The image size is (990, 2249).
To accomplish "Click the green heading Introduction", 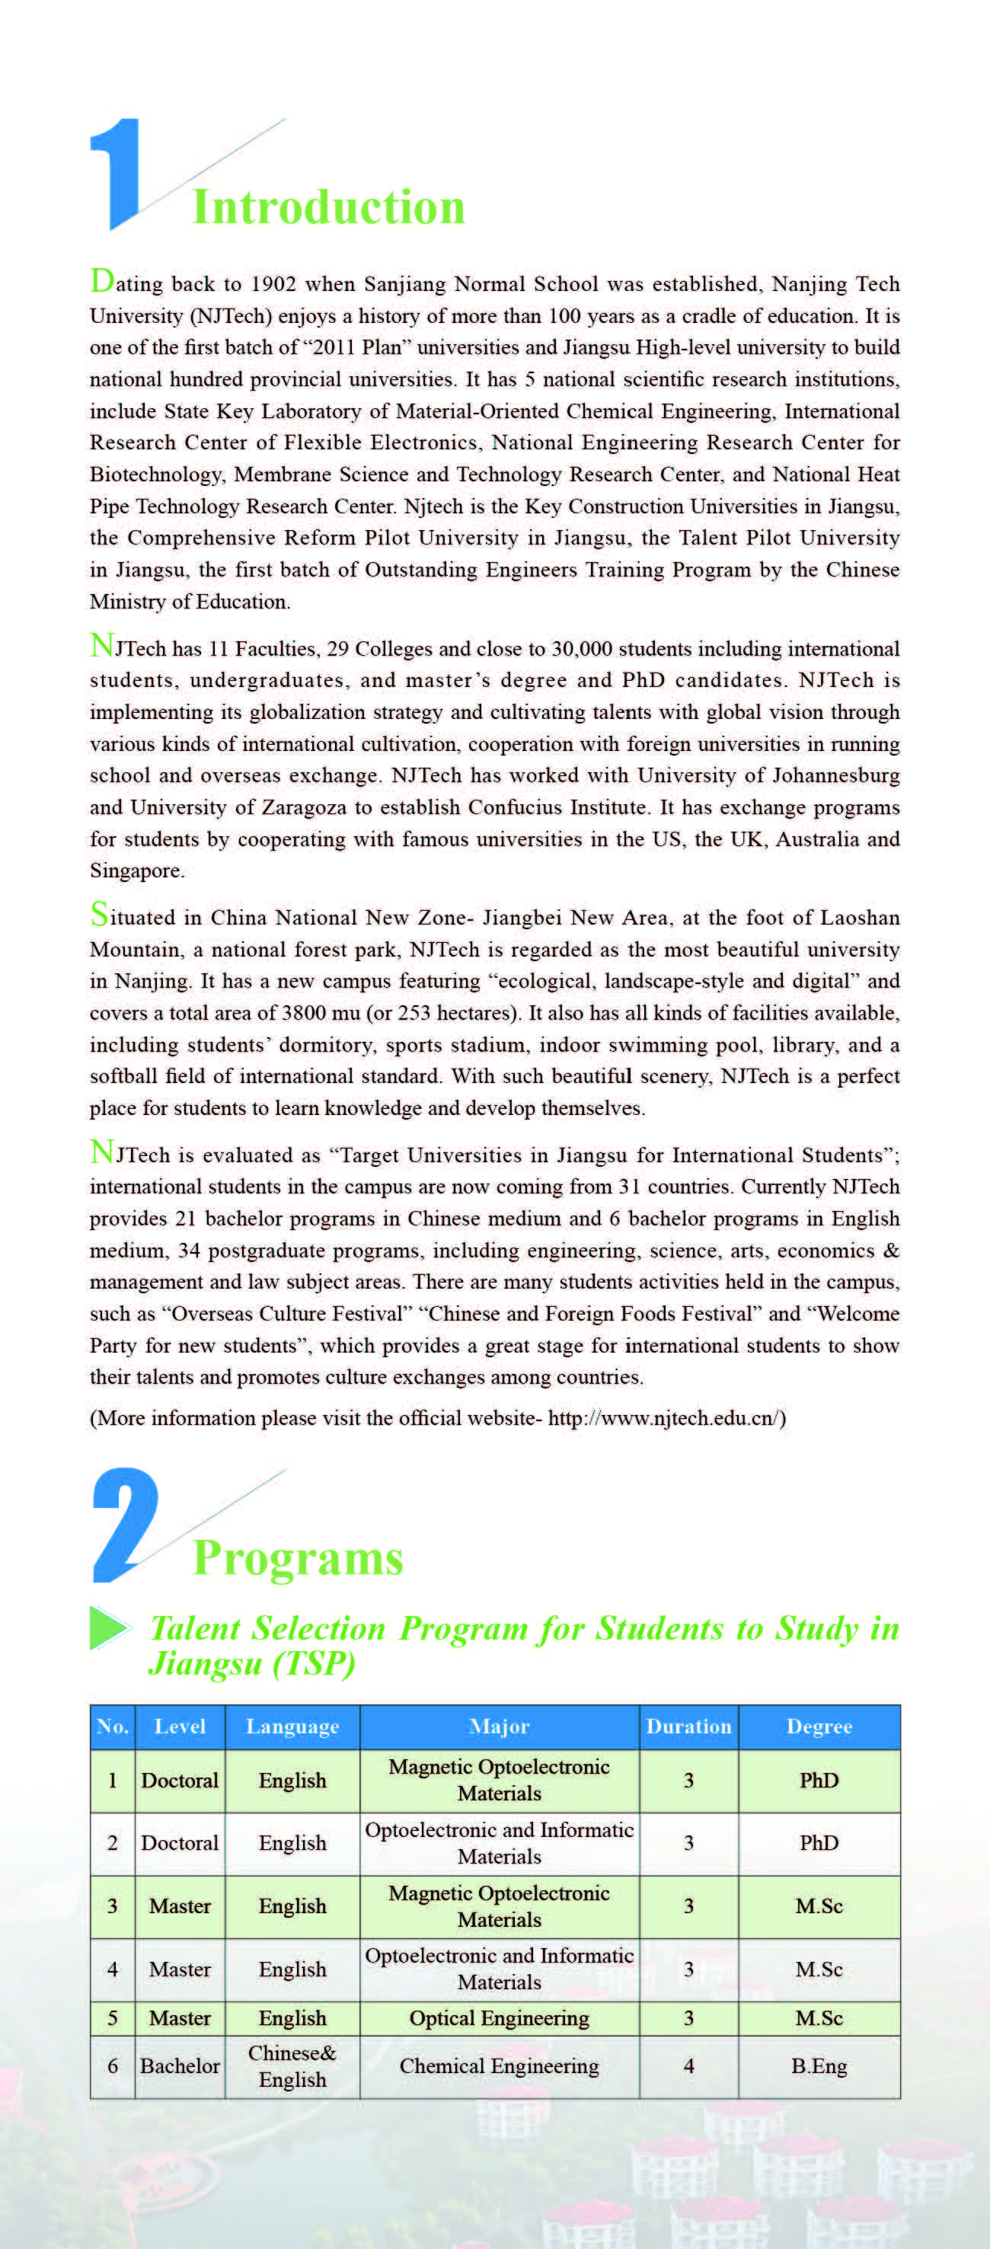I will click(x=328, y=208).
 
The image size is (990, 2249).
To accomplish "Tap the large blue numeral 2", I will click(x=125, y=1525).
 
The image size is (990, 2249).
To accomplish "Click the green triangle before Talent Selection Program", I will click(x=107, y=1628).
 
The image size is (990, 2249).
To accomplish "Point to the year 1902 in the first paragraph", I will click(x=273, y=285).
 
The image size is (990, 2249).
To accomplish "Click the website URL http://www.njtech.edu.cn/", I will click(x=666, y=1418).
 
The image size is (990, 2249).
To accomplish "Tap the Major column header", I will click(x=500, y=1726).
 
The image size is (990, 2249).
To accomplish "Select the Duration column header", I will click(x=688, y=1726).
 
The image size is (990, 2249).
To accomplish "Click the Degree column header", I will click(x=819, y=1726).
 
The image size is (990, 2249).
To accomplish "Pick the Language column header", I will click(x=292, y=1726).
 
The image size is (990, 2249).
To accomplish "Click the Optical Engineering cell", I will click(x=500, y=2017).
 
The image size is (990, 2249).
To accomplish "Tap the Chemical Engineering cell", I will click(x=500, y=2065).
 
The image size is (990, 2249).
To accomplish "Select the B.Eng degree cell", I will click(x=819, y=2065).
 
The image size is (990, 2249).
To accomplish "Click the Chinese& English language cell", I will click(x=292, y=2065).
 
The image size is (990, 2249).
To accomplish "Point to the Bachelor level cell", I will click(x=180, y=2065).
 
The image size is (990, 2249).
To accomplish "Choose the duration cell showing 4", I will click(x=688, y=2065).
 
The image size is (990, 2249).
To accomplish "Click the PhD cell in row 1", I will click(x=819, y=1780).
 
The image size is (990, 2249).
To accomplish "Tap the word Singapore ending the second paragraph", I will click(x=136, y=871).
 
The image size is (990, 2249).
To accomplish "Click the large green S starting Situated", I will click(x=100, y=914).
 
